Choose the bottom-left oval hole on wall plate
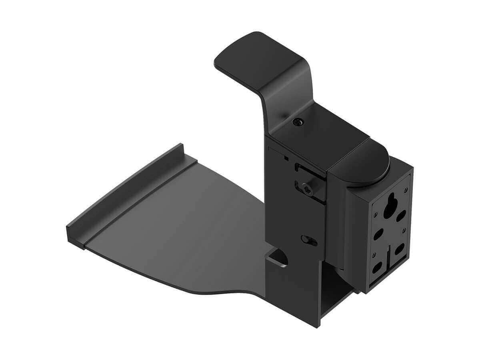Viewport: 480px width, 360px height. point(376,267)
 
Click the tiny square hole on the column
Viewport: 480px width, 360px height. point(286,158)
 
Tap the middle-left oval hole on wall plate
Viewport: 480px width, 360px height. point(377,235)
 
